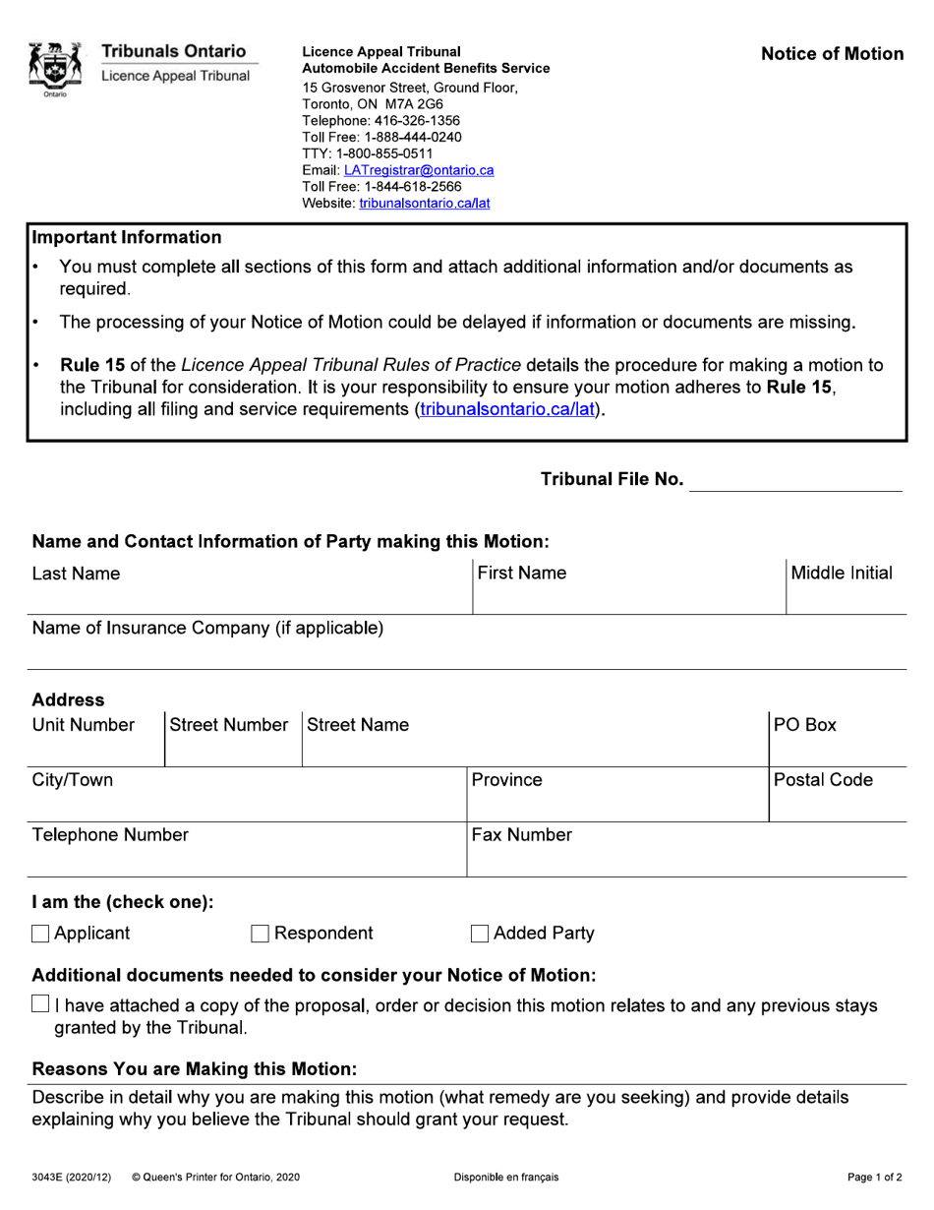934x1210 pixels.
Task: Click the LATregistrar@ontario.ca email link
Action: (419, 170)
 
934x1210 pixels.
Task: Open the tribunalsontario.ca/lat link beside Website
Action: (424, 203)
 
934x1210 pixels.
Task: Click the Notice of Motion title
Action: (832, 54)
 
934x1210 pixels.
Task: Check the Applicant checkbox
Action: (40, 934)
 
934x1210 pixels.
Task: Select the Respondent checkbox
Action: (261, 934)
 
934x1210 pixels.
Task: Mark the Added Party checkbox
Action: (480, 934)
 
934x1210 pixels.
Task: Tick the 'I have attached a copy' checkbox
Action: (40, 1004)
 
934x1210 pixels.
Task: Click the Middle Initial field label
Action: (842, 574)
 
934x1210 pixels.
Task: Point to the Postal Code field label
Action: (823, 780)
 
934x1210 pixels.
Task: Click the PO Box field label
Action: (804, 725)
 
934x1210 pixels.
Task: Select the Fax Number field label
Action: (521, 835)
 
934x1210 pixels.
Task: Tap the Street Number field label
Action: (229, 725)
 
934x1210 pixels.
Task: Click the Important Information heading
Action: (127, 237)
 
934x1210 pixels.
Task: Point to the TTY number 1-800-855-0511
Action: (367, 153)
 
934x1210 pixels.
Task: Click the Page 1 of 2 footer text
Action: (875, 1178)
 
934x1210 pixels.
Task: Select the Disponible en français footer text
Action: (506, 1178)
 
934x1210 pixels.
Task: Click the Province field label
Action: (506, 780)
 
